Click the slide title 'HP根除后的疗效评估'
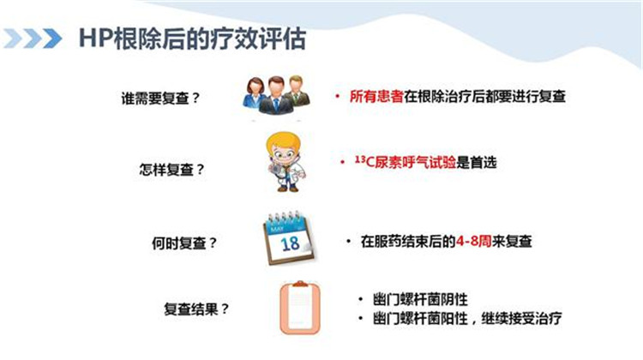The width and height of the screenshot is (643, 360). click(192, 39)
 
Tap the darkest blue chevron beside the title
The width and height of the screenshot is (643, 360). click(52, 39)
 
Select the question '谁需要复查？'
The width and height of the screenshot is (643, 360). click(160, 99)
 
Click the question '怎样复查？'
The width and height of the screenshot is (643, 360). click(171, 170)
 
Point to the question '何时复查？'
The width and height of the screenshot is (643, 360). click(184, 243)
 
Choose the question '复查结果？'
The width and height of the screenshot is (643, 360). click(196, 309)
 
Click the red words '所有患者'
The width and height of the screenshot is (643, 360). click(376, 96)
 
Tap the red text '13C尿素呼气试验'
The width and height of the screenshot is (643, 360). click(406, 162)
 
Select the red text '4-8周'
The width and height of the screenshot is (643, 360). click(473, 241)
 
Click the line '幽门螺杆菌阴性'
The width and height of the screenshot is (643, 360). click(420, 299)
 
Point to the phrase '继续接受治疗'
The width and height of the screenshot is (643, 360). click(521, 318)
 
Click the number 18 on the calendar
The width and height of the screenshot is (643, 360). click(290, 243)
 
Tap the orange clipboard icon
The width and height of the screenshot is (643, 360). click(300, 308)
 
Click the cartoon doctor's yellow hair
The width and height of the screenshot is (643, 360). click(282, 140)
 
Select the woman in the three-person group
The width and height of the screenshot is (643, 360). click(255, 93)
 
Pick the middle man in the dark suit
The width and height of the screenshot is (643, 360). click(276, 95)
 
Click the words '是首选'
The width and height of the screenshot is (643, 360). click(477, 162)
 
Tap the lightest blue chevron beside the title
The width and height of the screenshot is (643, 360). click(12, 39)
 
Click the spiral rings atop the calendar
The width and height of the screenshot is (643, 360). click(284, 218)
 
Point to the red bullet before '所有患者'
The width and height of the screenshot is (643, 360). click(338, 97)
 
